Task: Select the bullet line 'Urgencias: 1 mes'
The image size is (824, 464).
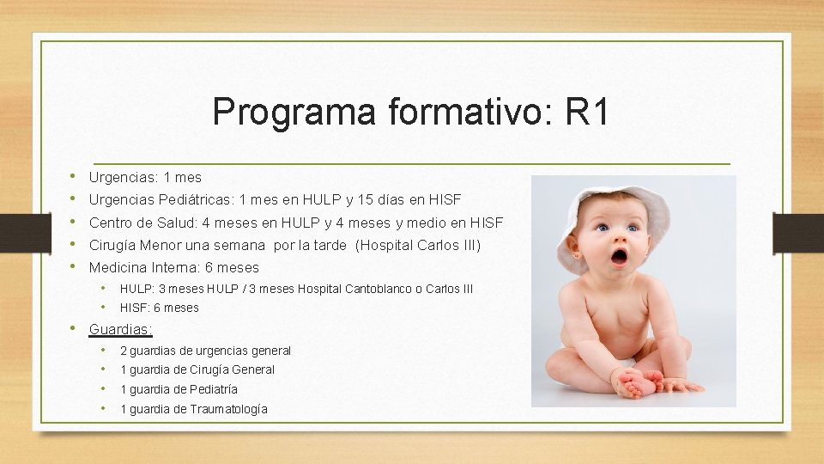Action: pos(145,178)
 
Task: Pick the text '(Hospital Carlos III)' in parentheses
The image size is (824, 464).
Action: pos(418,245)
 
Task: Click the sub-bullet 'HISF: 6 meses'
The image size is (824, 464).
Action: pos(159,308)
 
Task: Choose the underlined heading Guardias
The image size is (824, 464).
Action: pos(120,329)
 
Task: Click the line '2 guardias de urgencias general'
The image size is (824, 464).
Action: pos(205,351)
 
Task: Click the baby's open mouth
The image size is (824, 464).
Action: pos(618,255)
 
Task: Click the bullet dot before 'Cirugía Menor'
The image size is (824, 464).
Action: pos(73,245)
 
